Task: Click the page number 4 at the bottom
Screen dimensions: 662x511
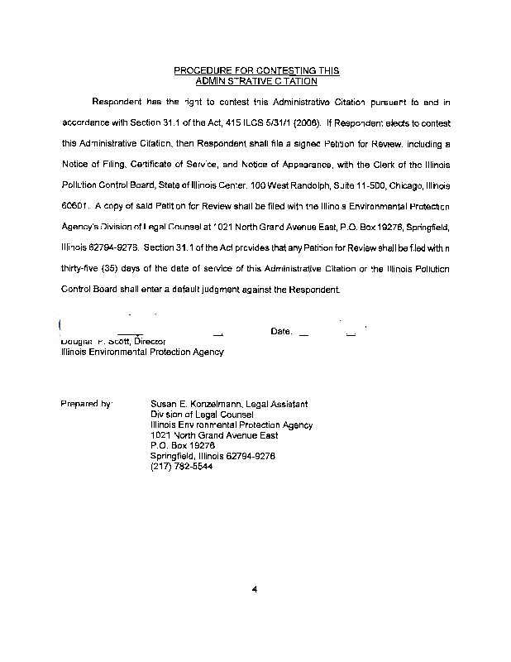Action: [256, 589]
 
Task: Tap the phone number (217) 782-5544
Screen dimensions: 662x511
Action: [181, 466]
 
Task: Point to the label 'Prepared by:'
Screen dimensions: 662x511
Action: [87, 404]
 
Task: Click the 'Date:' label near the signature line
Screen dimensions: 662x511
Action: [281, 332]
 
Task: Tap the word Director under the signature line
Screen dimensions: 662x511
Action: [150, 340]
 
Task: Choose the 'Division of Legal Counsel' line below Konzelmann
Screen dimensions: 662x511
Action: [202, 414]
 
